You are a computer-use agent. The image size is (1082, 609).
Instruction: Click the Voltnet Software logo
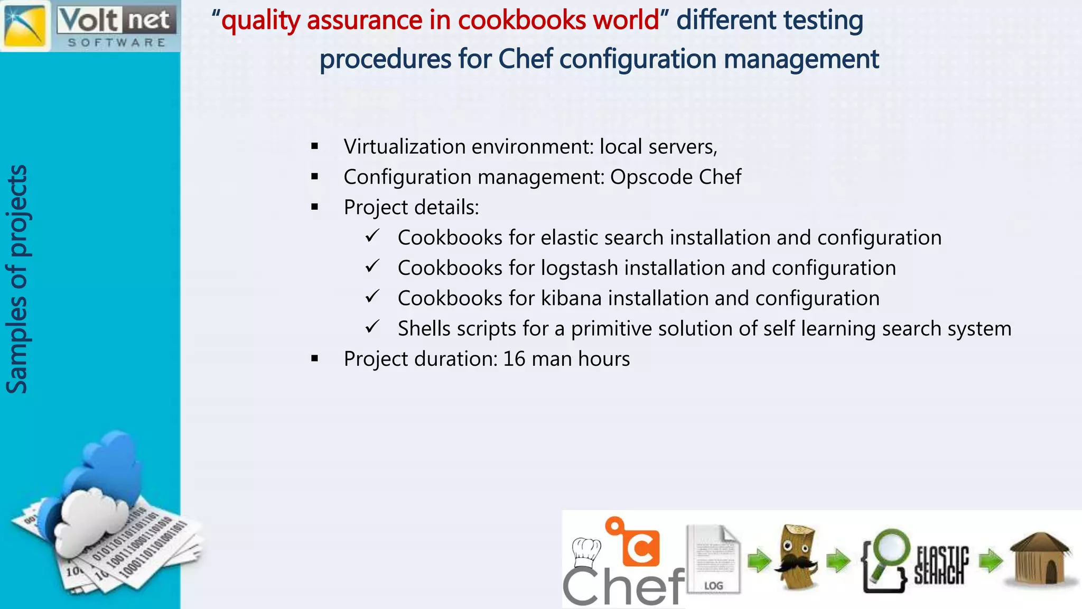coord(90,25)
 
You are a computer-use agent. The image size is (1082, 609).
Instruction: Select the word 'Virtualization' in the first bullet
coord(404,146)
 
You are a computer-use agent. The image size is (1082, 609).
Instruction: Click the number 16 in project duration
coord(514,359)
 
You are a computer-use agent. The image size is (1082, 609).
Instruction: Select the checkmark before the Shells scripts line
coord(372,327)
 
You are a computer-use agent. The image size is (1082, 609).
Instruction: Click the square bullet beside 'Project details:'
coord(315,207)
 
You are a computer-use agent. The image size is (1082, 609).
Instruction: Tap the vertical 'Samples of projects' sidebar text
coord(17,279)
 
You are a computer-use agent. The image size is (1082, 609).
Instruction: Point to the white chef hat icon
coord(586,551)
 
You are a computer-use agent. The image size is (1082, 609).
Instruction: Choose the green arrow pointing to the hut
coord(991,561)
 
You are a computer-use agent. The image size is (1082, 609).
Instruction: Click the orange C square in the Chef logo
coord(640,547)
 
